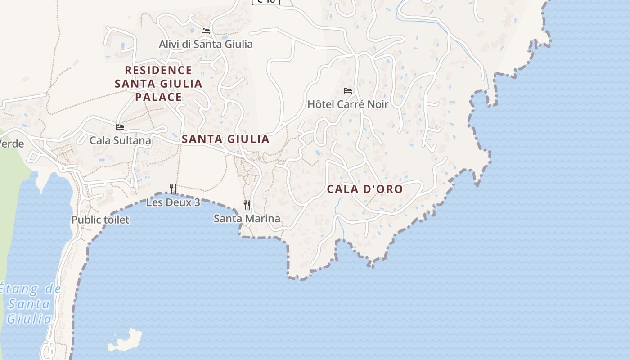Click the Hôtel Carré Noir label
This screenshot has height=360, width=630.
[x=347, y=104]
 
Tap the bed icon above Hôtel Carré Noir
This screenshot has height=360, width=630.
[x=348, y=91]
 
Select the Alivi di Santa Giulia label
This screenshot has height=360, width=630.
[x=206, y=44]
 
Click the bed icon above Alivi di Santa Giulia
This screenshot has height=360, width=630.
[x=206, y=31]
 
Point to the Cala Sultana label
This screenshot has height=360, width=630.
[x=120, y=140]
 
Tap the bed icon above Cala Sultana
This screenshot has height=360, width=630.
[x=120, y=127]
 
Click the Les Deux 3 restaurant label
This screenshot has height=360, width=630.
[x=173, y=202]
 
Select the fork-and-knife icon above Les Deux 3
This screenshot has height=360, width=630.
[x=173, y=189]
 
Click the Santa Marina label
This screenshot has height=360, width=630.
[x=247, y=219]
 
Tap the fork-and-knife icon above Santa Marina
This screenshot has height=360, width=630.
[x=247, y=205]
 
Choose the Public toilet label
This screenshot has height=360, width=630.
[x=100, y=220]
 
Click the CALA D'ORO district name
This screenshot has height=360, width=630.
[x=364, y=189]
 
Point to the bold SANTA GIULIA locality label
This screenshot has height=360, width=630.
[x=225, y=139]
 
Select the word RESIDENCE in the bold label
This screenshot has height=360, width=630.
[x=158, y=71]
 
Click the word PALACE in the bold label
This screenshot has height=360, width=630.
[x=158, y=97]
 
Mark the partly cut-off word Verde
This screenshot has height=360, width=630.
[x=12, y=144]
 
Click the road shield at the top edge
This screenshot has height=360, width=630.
[x=265, y=2]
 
